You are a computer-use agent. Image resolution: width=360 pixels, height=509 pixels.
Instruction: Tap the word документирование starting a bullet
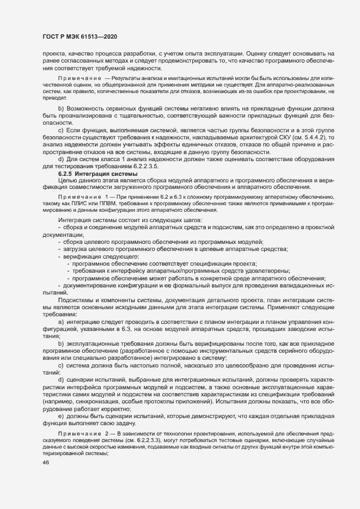[91, 285]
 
